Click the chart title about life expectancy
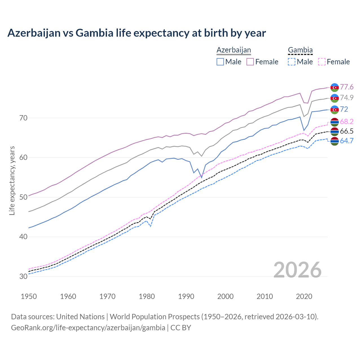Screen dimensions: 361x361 pyautogui.click(x=137, y=33)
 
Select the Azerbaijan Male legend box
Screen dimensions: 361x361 pyautogui.click(x=220, y=62)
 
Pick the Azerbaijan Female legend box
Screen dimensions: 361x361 pyautogui.click(x=250, y=62)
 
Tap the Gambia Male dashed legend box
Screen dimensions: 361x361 pyautogui.click(x=292, y=62)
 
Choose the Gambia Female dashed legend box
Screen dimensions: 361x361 pyautogui.click(x=322, y=62)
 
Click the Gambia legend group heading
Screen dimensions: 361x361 pyautogui.click(x=300, y=50)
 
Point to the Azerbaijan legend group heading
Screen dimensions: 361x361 pyautogui.click(x=234, y=50)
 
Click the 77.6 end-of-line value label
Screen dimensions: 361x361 pyautogui.click(x=347, y=87)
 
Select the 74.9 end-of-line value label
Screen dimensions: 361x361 pyautogui.click(x=347, y=98)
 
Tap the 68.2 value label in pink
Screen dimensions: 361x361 pyautogui.click(x=347, y=122)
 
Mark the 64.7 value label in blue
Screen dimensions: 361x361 pyautogui.click(x=347, y=141)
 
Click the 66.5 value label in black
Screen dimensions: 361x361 pyautogui.click(x=347, y=131)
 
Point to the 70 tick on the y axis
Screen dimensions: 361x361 pyautogui.click(x=23, y=118)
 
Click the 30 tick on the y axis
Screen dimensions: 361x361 pyautogui.click(x=23, y=276)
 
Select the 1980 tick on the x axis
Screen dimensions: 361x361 pyautogui.click(x=147, y=296)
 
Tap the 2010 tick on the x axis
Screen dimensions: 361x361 pyautogui.click(x=265, y=296)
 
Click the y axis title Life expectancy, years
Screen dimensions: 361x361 pyautogui.click(x=12, y=180)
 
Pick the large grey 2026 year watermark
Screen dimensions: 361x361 pyautogui.click(x=297, y=270)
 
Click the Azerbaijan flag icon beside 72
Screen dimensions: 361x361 pyautogui.click(x=334, y=109)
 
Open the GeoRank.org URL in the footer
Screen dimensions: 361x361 pyautogui.click(x=88, y=328)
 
